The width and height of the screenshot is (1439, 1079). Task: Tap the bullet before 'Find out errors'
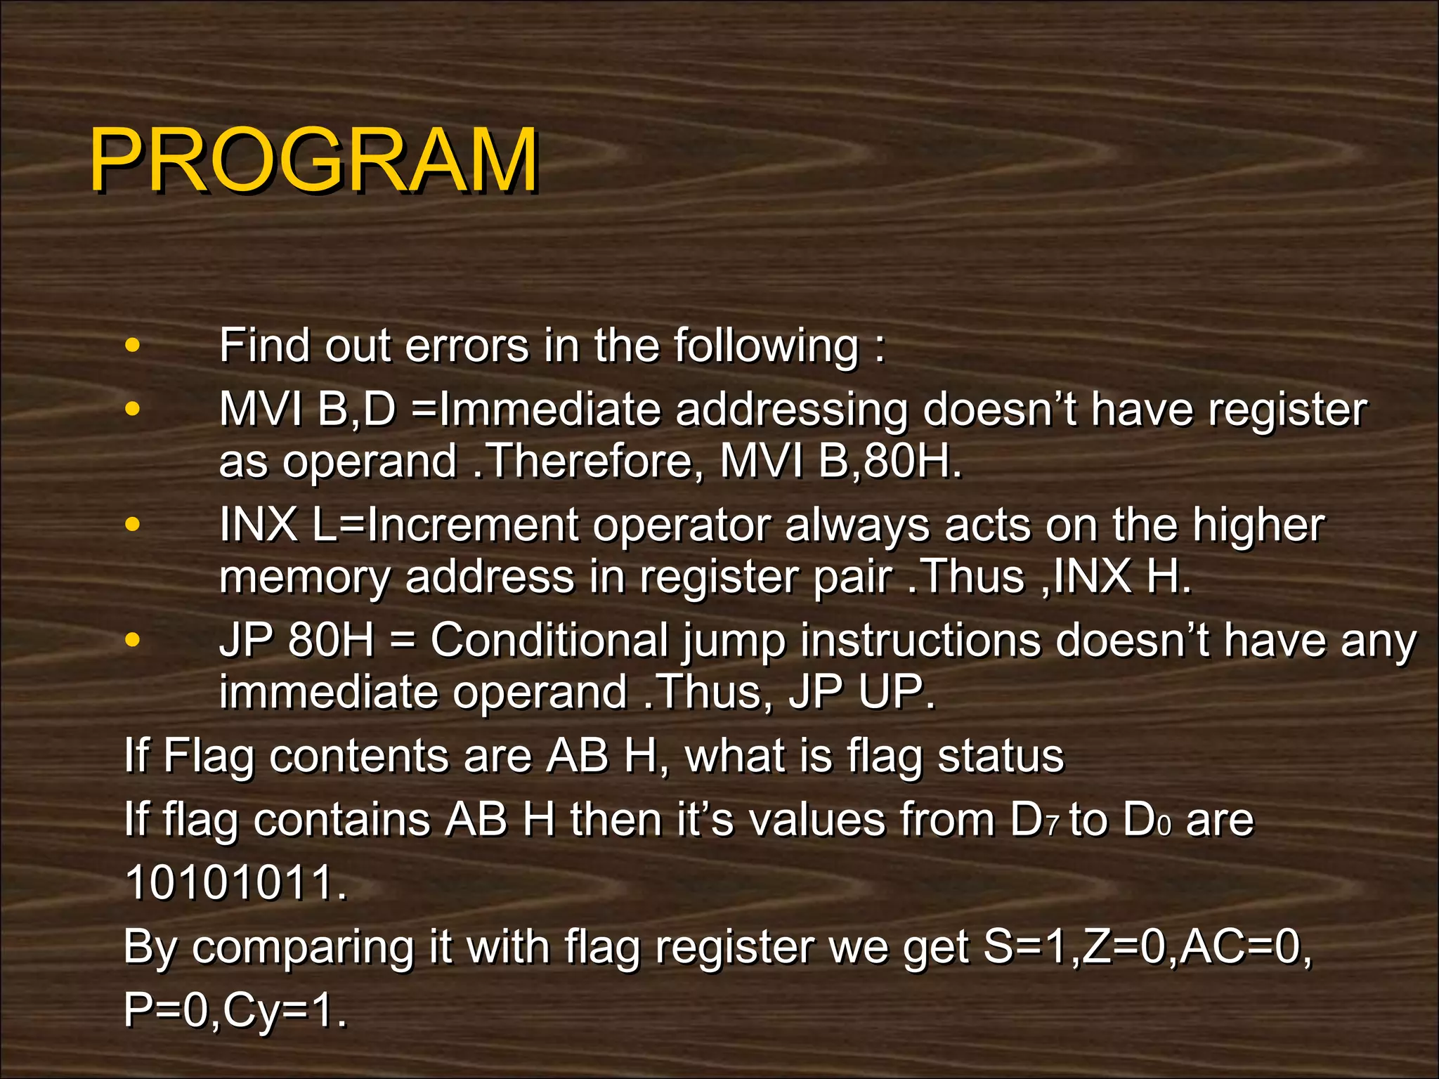(x=131, y=346)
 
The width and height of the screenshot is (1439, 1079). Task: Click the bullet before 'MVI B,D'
(x=131, y=409)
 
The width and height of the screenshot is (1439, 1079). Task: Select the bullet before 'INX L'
(x=131, y=524)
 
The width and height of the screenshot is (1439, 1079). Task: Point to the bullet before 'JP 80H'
(x=131, y=640)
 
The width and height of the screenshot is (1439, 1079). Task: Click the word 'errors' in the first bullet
(x=467, y=346)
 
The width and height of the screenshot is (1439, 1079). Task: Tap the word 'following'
(x=766, y=347)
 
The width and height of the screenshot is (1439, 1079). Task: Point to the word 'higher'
(x=1258, y=525)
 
